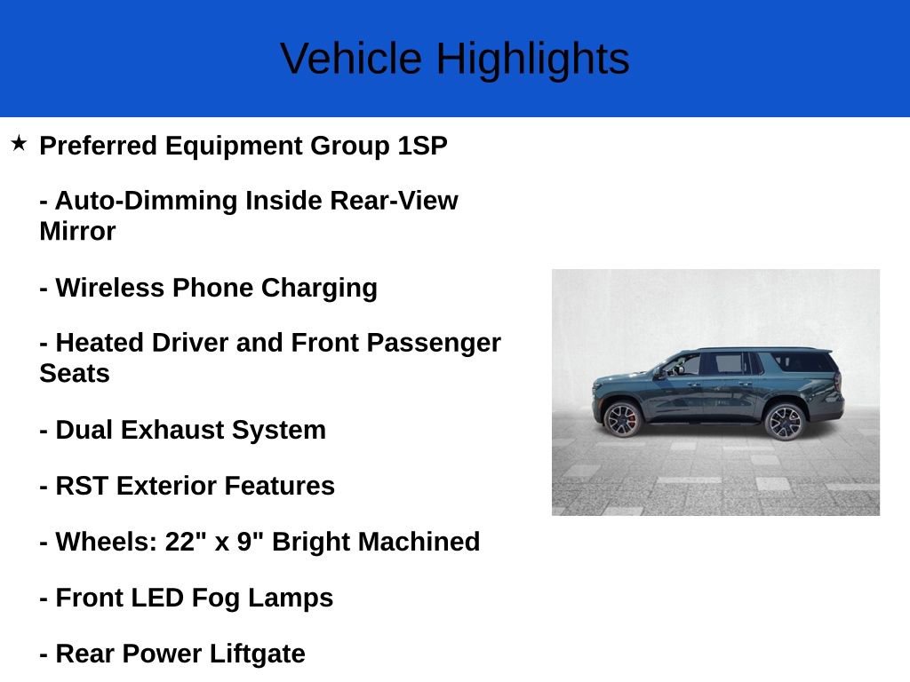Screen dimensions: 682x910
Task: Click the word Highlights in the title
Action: tap(532, 59)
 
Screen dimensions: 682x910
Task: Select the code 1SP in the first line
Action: tap(422, 146)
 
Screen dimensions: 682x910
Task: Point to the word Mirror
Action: tap(77, 232)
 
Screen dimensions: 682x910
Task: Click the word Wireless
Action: tap(110, 288)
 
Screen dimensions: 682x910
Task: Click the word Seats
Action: tap(75, 374)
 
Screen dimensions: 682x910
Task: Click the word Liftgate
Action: tap(258, 654)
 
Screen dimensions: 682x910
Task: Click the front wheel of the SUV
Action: tap(621, 419)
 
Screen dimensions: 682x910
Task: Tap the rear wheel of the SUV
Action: tap(784, 421)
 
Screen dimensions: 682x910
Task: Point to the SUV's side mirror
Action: tap(663, 373)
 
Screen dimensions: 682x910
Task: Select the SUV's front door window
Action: tap(683, 364)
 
